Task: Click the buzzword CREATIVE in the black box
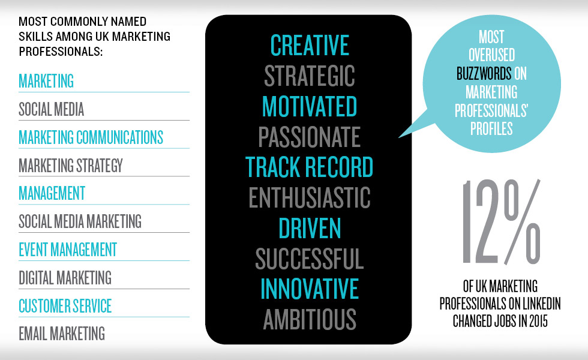pos(310,46)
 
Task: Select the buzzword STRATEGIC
pos(310,76)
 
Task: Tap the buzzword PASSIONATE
pos(310,137)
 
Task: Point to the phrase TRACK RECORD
pos(310,167)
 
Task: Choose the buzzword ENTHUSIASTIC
pos(310,197)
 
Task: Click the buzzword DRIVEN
pos(310,228)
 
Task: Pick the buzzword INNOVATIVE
pos(310,289)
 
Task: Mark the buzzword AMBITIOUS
pos(310,319)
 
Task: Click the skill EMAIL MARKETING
pos(62,334)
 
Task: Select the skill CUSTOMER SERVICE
pos(65,306)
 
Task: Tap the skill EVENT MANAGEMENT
pos(68,250)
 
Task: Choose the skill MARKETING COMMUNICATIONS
pos(91,137)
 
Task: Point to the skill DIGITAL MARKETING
pos(65,278)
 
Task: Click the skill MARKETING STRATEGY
pos(71,166)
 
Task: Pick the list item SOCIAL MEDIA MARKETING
pos(80,221)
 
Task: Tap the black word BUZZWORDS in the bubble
pos(484,73)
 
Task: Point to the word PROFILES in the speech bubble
pos(491,129)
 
